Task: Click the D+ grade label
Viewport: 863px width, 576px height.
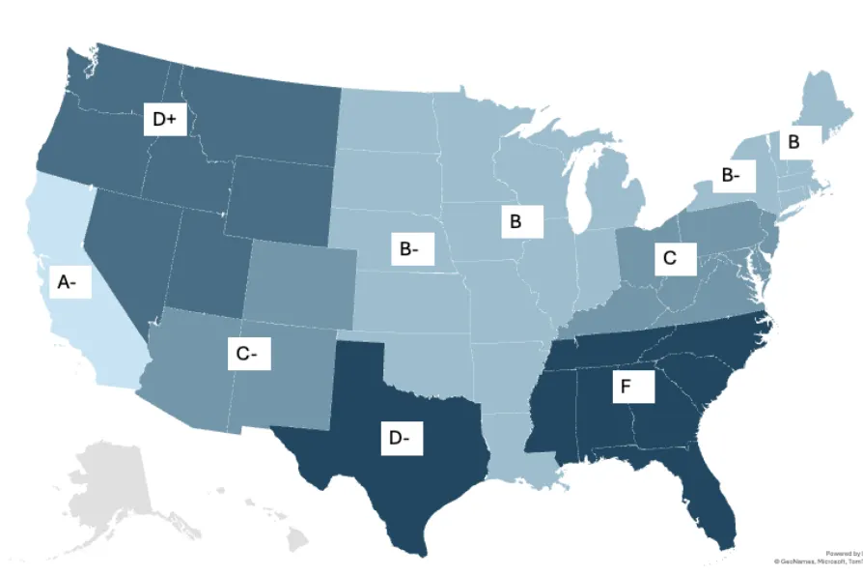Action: pos(164,119)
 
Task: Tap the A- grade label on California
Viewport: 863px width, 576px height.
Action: pos(67,282)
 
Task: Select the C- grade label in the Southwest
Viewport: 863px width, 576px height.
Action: pos(246,354)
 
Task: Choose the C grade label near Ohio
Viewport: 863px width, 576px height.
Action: pos(671,258)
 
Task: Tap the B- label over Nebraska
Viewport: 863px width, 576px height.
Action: pos(409,248)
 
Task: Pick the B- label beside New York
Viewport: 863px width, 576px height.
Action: pos(731,176)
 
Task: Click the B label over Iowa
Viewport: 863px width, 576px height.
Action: pos(515,221)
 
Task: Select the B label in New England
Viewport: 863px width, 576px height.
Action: pos(794,142)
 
